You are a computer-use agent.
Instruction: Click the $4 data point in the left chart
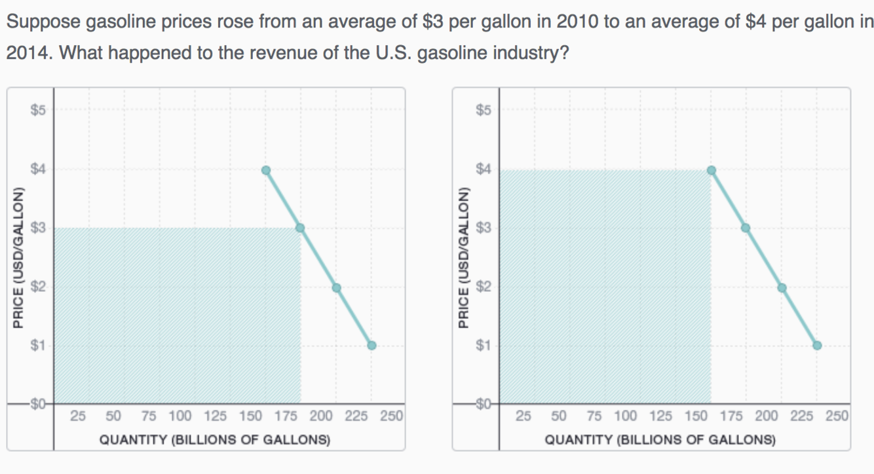(x=266, y=170)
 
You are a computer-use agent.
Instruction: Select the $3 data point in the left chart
(x=301, y=228)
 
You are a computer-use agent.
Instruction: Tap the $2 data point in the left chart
(x=336, y=287)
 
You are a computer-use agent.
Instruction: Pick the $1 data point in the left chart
(x=371, y=346)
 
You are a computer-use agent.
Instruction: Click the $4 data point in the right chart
(x=712, y=170)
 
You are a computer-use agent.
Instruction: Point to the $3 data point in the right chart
(x=746, y=228)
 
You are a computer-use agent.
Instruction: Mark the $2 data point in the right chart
(x=782, y=287)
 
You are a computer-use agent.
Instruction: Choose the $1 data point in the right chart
(x=817, y=346)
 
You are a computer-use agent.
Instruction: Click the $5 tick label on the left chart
(x=38, y=110)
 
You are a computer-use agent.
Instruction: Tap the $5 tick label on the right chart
(x=484, y=110)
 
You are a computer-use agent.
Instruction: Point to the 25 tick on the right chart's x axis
(x=523, y=415)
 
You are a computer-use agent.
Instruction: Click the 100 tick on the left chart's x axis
(x=180, y=415)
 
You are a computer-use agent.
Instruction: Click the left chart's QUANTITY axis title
(x=214, y=439)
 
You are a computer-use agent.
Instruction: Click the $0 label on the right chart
(x=484, y=404)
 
